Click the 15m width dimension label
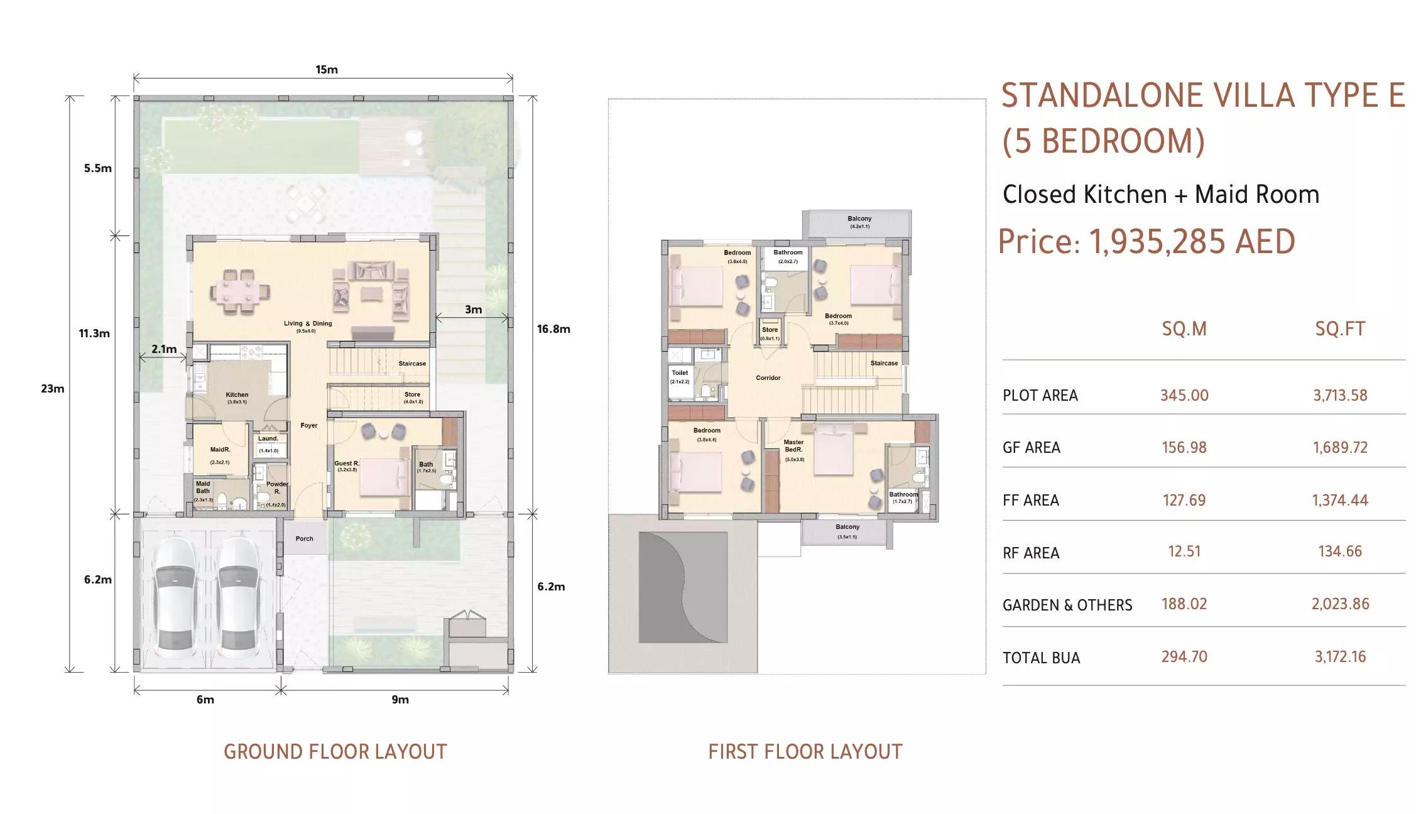point(326,70)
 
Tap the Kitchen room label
point(237,395)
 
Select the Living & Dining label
point(308,324)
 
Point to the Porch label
point(304,539)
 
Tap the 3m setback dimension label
point(473,310)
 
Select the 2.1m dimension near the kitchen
point(163,349)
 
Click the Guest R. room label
point(346,464)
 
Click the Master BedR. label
point(793,446)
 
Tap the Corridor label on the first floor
point(768,378)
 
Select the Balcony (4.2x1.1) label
point(859,219)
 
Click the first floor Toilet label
point(680,373)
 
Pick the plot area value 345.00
point(1184,396)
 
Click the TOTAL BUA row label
point(1041,658)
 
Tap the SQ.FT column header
point(1340,329)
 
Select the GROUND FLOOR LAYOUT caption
point(335,752)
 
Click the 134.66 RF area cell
point(1339,551)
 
